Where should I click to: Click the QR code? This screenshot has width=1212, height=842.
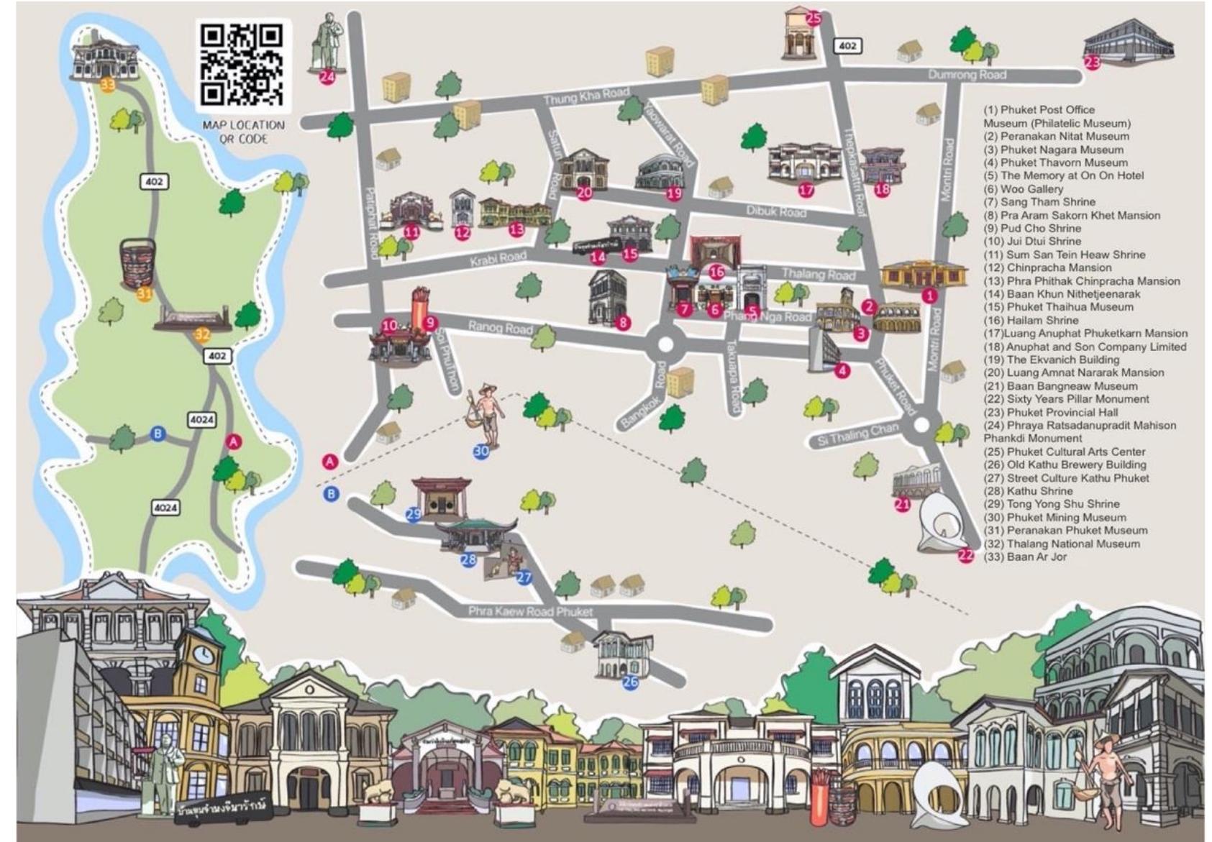tap(242, 65)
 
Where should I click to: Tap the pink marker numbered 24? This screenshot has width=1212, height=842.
tap(327, 76)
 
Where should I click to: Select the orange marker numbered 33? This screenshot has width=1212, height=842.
tap(107, 85)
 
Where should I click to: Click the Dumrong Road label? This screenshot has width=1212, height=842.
tap(967, 74)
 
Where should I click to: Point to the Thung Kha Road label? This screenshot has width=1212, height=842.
tap(586, 96)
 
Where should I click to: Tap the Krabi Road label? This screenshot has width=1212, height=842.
tap(498, 258)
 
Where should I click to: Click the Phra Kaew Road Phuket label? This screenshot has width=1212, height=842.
tap(530, 611)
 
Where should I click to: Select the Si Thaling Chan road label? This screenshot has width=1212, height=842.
tap(857, 434)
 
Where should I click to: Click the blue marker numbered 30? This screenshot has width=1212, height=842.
tap(481, 452)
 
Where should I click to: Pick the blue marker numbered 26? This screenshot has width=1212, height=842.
tap(630, 682)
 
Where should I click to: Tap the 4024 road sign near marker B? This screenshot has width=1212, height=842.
tap(201, 419)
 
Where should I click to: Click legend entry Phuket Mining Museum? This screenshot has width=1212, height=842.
tap(1055, 517)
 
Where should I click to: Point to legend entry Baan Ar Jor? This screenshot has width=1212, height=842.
tap(1026, 557)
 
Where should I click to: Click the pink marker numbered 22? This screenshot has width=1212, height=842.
tap(965, 554)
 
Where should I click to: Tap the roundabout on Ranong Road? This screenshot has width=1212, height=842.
tap(665, 345)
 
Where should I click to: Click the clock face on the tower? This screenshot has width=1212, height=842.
tap(203, 654)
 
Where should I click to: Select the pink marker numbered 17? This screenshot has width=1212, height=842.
tap(806, 190)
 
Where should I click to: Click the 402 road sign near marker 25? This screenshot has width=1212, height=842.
tap(848, 46)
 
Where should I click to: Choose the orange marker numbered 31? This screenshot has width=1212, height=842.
tap(145, 293)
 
